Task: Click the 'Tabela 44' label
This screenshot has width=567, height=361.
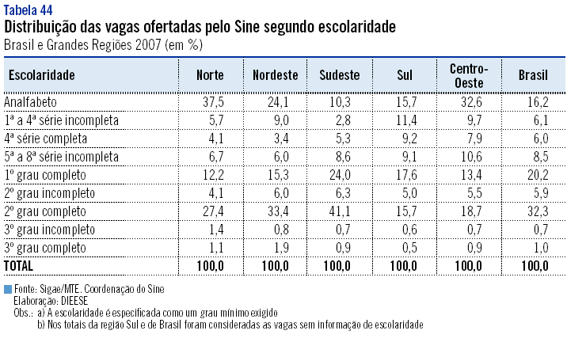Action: click(x=28, y=10)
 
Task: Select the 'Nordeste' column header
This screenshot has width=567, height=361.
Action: click(x=275, y=75)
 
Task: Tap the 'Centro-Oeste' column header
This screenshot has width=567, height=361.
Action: click(x=468, y=75)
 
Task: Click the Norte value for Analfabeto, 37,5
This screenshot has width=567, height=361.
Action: click(x=211, y=103)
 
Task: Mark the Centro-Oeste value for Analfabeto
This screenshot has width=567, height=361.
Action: click(x=469, y=103)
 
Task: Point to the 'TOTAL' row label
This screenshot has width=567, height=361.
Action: click(x=21, y=264)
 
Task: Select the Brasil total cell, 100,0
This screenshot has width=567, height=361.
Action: click(x=533, y=264)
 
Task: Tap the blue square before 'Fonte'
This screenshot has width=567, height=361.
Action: click(x=7, y=289)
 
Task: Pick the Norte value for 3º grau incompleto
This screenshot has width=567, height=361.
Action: click(x=211, y=229)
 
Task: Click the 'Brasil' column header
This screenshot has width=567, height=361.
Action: click(x=533, y=75)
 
